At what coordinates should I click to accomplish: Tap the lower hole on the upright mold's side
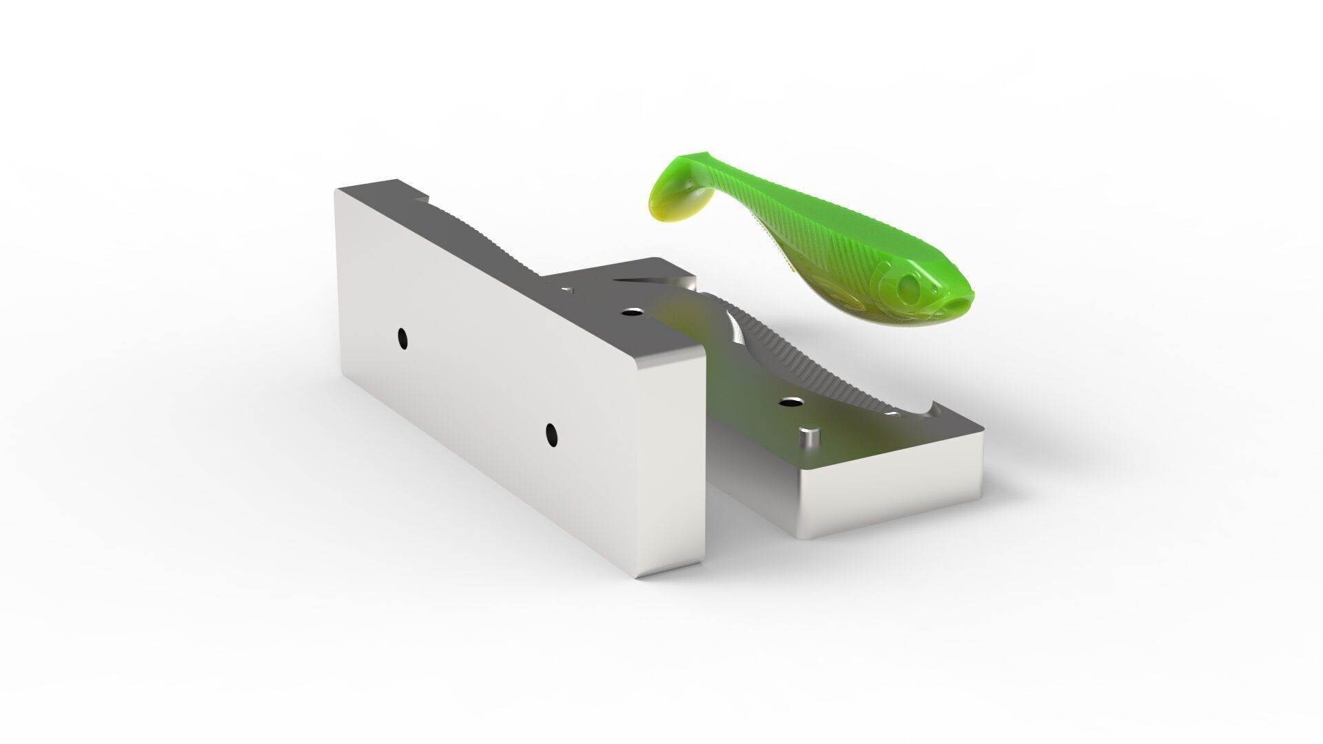pyautogui.click(x=551, y=433)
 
